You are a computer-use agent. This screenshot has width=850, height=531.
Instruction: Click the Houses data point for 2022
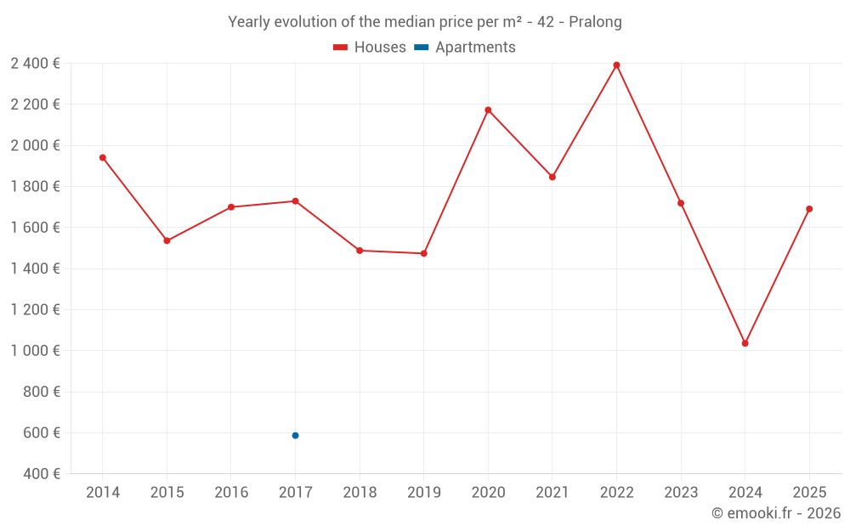pos(616,65)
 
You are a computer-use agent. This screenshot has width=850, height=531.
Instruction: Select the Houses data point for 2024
pos(745,343)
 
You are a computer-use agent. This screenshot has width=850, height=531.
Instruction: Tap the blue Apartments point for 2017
pos(295,436)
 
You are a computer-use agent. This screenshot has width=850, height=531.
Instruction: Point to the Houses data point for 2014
pos(103,157)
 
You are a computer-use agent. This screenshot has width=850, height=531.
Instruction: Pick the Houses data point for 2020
pos(488,110)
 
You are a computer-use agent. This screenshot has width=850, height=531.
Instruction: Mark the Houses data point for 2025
pos(809,209)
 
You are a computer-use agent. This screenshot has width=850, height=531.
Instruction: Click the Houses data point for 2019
pos(423,253)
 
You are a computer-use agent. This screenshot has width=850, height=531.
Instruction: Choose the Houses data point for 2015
pos(167,241)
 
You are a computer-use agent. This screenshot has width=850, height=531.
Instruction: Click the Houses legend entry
pos(370,48)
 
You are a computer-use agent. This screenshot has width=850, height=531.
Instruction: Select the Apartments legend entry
pos(466,48)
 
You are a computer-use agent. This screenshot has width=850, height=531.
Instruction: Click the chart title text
pos(425,22)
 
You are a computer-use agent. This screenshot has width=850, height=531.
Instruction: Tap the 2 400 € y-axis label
pos(35,63)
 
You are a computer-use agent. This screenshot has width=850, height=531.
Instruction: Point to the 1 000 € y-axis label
pos(35,351)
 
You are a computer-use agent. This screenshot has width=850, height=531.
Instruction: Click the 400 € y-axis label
pos(42,474)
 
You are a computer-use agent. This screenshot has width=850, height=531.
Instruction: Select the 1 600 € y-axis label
pos(35,228)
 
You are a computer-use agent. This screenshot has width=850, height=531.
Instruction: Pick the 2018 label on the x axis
pos(360,493)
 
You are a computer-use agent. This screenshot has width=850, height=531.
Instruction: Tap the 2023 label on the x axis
pos(681,493)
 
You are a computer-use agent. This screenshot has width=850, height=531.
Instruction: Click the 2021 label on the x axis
pos(552,493)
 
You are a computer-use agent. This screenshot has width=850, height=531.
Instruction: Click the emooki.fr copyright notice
pos(775,513)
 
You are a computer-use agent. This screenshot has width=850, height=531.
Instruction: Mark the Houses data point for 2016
pos(231,207)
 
